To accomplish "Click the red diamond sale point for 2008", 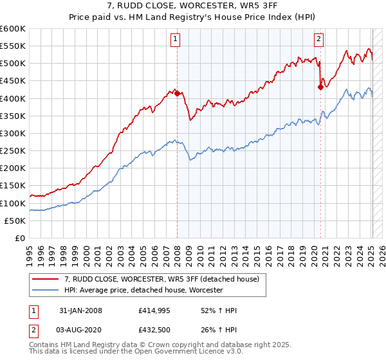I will tap(177, 93).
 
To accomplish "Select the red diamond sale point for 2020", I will tap(320, 87).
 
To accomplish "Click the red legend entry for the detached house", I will tap(161, 279).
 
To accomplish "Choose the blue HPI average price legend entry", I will tap(143, 290).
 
